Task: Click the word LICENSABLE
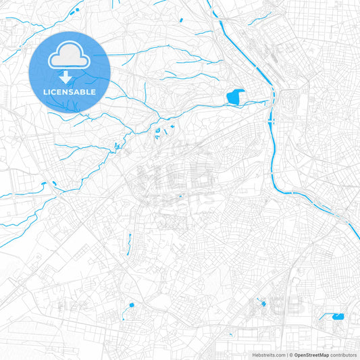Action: (70, 91)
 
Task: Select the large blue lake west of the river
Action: (235, 98)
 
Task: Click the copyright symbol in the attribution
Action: (292, 355)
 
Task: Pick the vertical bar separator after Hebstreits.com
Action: (286, 355)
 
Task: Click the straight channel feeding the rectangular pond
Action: (328, 315)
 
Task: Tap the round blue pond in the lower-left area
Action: (130, 305)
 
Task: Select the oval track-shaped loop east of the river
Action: (291, 101)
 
